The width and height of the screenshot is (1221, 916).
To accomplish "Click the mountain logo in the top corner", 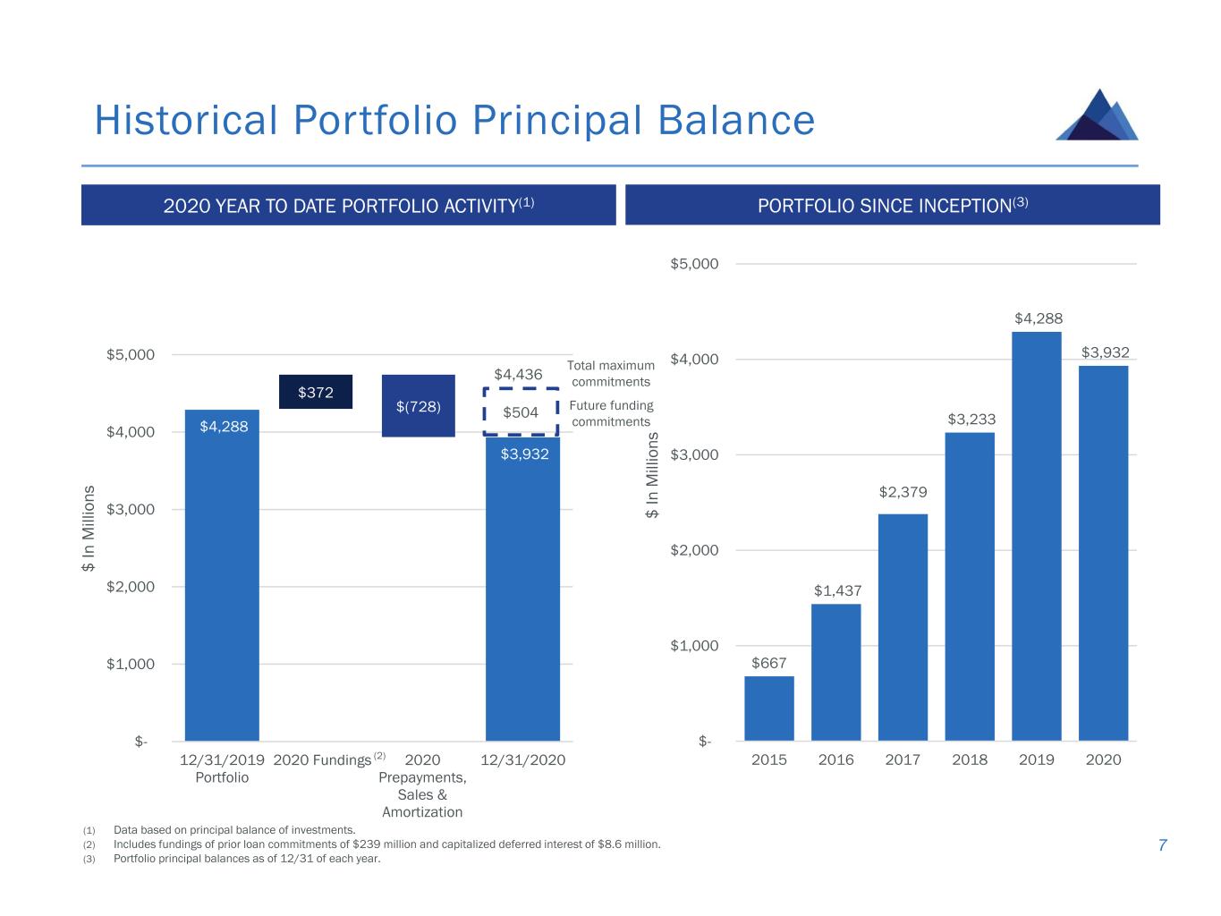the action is [x=1097, y=114].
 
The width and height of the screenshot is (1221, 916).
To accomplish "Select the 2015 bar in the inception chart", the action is [x=768, y=708].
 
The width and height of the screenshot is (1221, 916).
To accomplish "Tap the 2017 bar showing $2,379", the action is [x=903, y=627].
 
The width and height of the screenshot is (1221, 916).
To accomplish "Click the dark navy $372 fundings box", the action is [x=316, y=392].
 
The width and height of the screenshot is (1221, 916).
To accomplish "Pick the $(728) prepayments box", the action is [x=418, y=405].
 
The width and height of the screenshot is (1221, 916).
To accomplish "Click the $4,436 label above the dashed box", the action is [x=518, y=374].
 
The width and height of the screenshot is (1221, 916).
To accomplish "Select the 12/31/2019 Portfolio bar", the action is [x=222, y=575].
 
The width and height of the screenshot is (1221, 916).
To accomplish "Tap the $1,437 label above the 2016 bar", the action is [x=837, y=590].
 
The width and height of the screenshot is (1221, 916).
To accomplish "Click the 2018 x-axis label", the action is [x=969, y=759].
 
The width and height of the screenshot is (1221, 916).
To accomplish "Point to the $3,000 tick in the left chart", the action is [x=131, y=509].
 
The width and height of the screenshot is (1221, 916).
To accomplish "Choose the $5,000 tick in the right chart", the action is [x=693, y=263].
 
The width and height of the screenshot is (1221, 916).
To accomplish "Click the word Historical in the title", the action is [x=186, y=120].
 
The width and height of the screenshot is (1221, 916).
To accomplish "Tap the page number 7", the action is [x=1162, y=844].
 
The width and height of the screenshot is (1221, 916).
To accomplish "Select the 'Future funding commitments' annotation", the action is [x=611, y=413].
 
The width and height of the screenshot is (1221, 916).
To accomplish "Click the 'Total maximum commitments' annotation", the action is [x=611, y=373].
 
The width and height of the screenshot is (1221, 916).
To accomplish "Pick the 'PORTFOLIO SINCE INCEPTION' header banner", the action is [x=892, y=205].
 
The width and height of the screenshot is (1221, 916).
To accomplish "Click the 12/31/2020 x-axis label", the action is [x=522, y=759].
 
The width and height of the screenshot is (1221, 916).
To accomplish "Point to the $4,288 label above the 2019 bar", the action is [x=1038, y=318].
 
